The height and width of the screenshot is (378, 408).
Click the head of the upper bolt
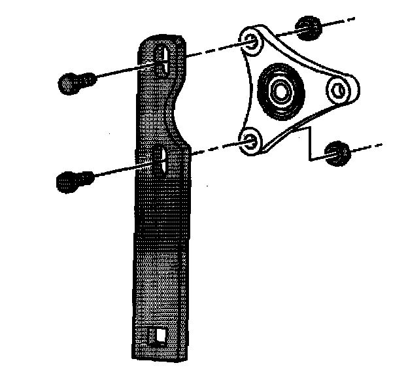coord(68,83)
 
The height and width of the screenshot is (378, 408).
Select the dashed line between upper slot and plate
coord(209,50)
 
